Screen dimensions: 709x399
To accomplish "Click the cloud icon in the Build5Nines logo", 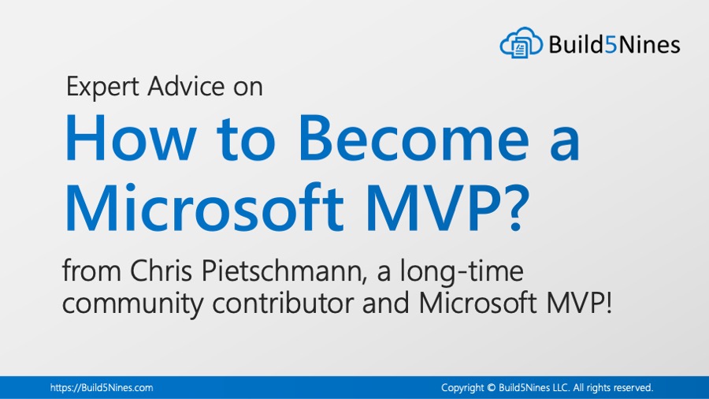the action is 521,43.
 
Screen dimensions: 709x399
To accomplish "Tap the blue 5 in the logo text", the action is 611,44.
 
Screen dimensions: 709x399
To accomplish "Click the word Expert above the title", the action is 102,87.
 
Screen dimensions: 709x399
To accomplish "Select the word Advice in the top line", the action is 186,86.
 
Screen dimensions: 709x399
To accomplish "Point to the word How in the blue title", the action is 131,139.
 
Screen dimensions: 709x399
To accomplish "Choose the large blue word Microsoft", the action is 205,207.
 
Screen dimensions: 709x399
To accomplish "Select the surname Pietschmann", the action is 284,271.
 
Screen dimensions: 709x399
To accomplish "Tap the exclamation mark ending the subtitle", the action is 609,303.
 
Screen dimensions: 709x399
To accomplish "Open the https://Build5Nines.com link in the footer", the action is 102,388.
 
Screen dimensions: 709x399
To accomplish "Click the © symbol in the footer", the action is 492,388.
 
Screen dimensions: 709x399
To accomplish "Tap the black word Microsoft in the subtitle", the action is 478,303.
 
